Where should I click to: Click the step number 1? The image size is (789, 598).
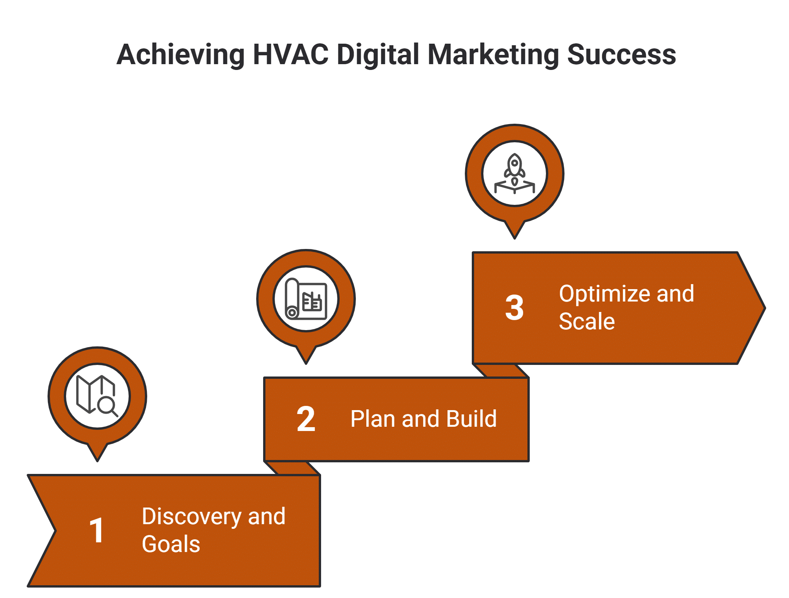tap(97, 530)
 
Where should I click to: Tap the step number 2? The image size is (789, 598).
tap(306, 419)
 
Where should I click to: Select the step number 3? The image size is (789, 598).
tap(514, 308)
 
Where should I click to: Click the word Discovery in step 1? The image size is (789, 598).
tap(192, 517)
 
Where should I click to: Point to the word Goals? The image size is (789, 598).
tap(171, 544)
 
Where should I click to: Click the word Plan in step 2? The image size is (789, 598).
tap(373, 419)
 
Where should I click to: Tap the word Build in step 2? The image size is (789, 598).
tap(471, 419)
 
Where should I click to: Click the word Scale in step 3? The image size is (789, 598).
tap(587, 322)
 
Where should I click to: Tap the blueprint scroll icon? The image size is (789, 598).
tap(306, 299)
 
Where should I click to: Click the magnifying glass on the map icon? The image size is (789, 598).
tap(107, 406)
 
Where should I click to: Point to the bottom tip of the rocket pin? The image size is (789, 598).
tap(514, 237)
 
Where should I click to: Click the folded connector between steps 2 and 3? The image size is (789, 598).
tap(501, 371)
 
